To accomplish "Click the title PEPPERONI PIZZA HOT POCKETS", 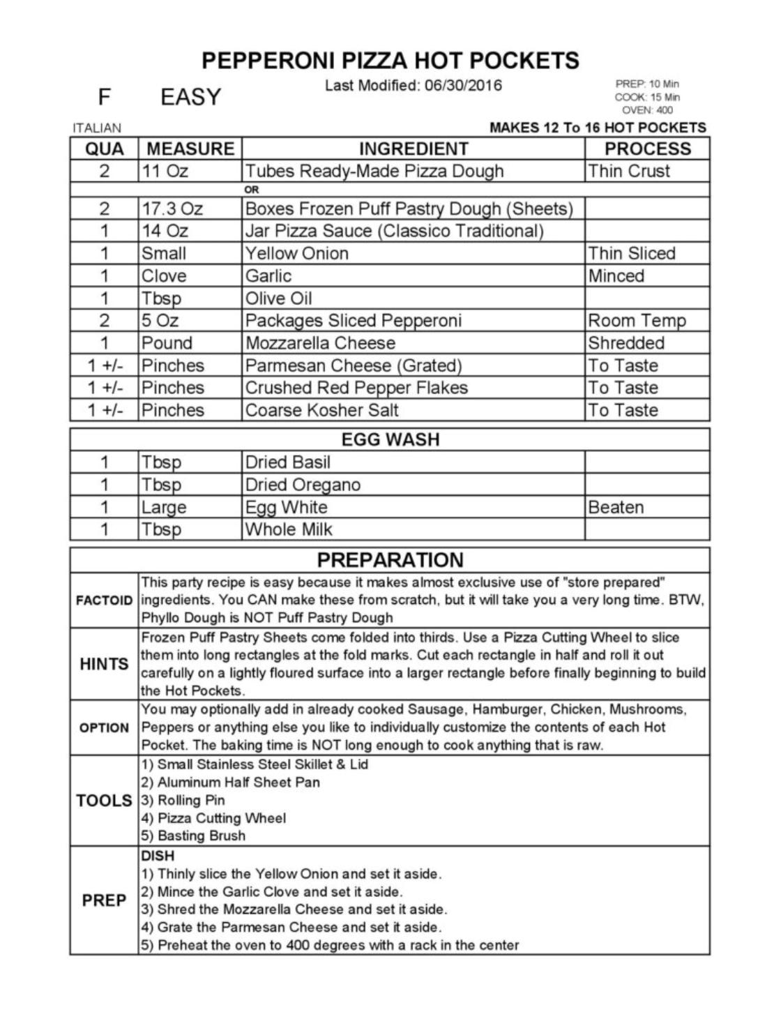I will point(390,61).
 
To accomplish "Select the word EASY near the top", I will point(190,97).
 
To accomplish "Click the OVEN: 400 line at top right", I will point(647,110).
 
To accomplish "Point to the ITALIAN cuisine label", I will point(97,128).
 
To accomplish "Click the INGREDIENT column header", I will point(413,149).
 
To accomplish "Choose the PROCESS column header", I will point(647,149).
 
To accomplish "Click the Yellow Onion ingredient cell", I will point(296,253).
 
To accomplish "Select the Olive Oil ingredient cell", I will point(278,299).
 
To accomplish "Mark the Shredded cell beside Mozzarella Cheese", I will point(625,343).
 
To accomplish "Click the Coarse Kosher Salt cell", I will point(321,410).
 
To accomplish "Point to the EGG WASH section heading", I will point(390,439).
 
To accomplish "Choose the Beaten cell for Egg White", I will point(616,507).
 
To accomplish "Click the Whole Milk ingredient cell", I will point(289,529).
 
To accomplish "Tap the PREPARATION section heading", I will point(390,560).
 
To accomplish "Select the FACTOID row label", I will point(104,601).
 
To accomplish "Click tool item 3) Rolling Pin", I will point(183,800).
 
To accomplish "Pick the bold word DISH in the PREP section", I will point(158,856).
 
